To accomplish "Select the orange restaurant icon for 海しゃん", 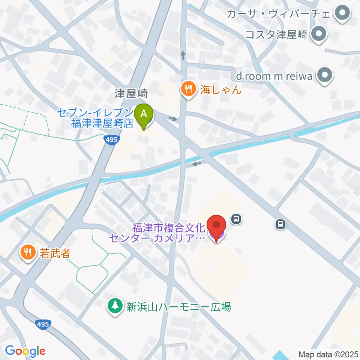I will coord(187,89).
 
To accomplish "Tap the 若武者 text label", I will coord(54,253).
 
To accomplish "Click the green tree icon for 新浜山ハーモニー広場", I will coord(115,306).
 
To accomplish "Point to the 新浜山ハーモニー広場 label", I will coord(178,307).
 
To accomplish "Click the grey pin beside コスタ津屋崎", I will coord(319,34).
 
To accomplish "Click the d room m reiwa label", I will coord(274,76).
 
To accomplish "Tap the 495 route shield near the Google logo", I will coord(43,324).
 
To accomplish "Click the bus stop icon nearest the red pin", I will coord(236,218).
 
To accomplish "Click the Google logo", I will coord(25,351).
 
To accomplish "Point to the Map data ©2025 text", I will coord(328,354).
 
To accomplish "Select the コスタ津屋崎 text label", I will coord(276,35).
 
